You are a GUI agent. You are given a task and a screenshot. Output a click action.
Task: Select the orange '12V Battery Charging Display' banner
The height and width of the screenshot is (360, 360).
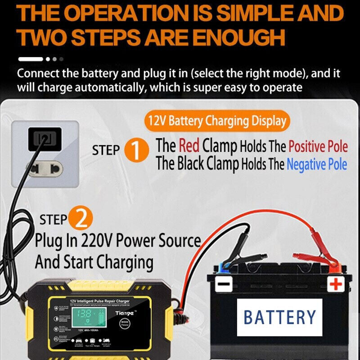coord(217,121)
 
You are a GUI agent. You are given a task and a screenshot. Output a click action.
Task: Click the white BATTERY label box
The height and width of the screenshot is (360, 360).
coord(280,317)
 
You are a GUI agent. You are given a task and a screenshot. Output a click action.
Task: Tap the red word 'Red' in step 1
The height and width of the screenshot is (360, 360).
coord(189,146)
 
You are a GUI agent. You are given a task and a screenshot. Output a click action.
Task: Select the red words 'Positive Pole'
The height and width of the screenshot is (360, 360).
coord(318,147)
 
